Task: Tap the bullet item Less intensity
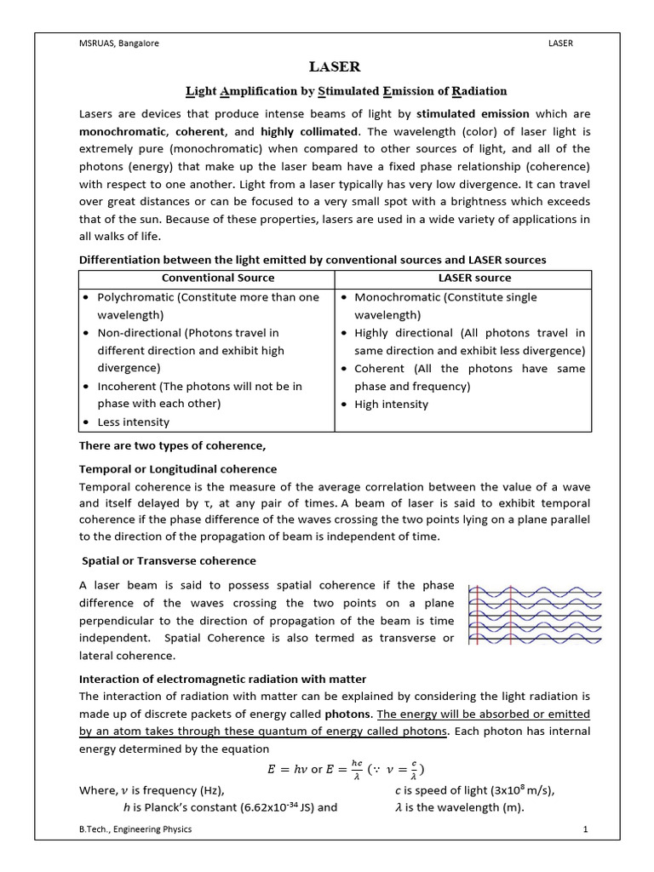coord(134,422)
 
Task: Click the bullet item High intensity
coord(391,404)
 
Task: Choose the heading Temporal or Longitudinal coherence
coord(177,469)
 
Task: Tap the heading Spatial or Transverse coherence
coord(169,560)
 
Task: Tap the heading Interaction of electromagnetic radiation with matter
coord(222,679)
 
